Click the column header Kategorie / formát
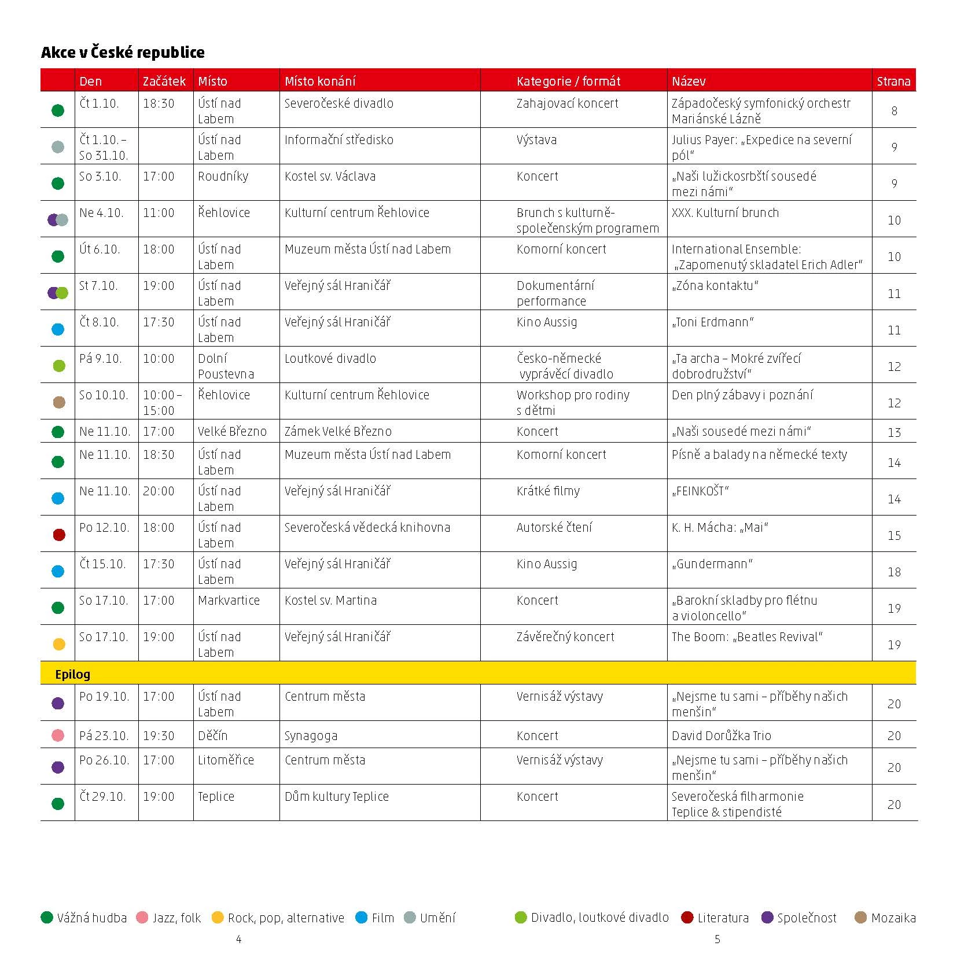pyautogui.click(x=568, y=81)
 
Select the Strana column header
pyautogui.click(x=893, y=81)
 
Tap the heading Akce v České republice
pyautogui.click(x=123, y=52)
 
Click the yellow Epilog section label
pyautogui.click(x=72, y=674)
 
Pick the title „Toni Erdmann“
pyautogui.click(x=712, y=322)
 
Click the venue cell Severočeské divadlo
pyautogui.click(x=338, y=104)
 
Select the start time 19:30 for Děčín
pyautogui.click(x=159, y=736)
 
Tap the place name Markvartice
pyautogui.click(x=229, y=601)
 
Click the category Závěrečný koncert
pyautogui.click(x=565, y=637)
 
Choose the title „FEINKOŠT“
pyautogui.click(x=700, y=491)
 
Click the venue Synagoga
pyautogui.click(x=311, y=736)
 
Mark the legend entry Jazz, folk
pyautogui.click(x=176, y=918)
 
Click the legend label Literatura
pyautogui.click(x=723, y=918)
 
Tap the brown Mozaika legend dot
pyautogui.click(x=860, y=918)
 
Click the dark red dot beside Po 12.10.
pyautogui.click(x=58, y=535)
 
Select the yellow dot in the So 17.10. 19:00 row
pyautogui.click(x=58, y=644)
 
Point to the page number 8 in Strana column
pyautogui.click(x=894, y=111)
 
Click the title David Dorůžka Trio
pyautogui.click(x=721, y=736)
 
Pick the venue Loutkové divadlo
pyautogui.click(x=330, y=359)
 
